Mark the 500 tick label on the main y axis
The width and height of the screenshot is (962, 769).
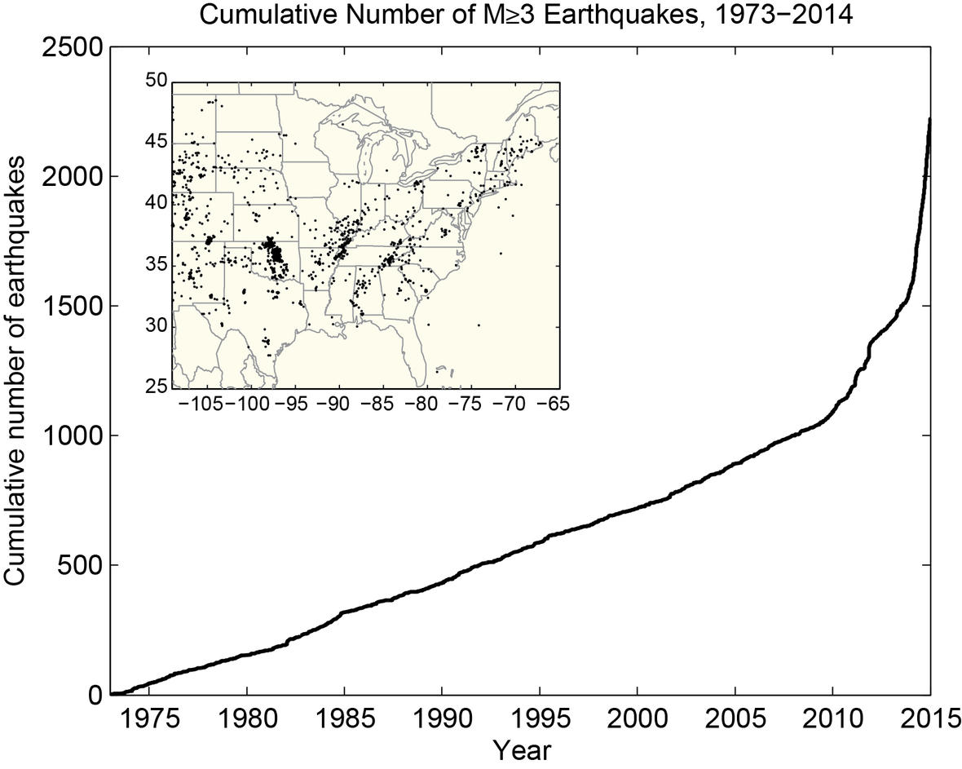tap(80, 565)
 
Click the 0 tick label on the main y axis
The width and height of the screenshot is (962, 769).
tap(95, 694)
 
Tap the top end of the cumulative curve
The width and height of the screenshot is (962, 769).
tap(929, 119)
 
